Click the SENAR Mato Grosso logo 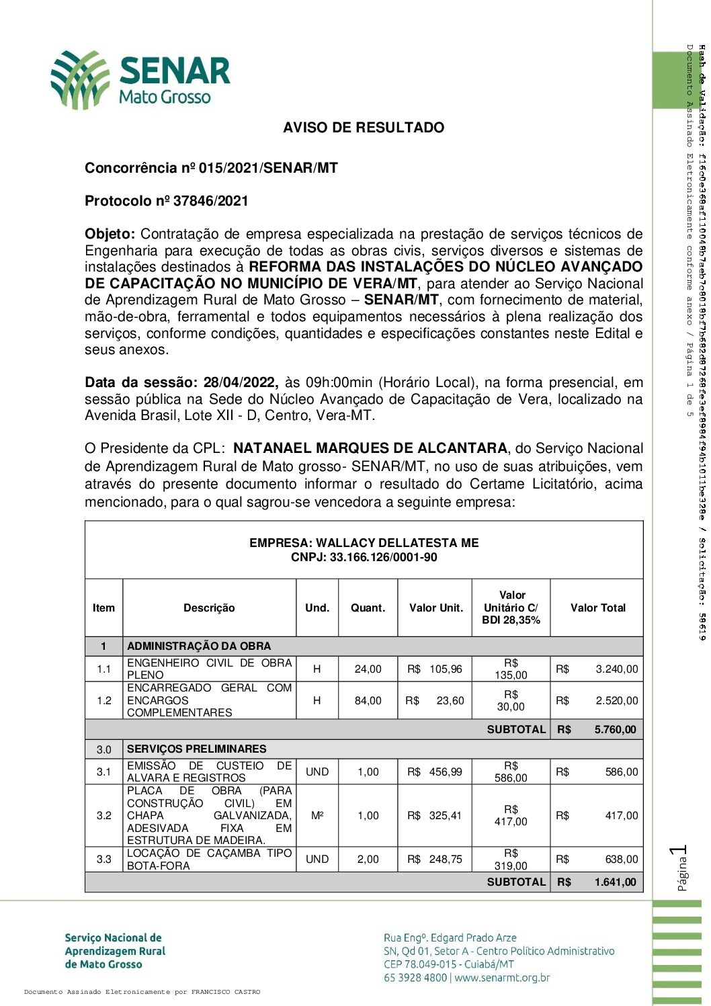coord(140,80)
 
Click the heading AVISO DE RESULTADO coord(364,128)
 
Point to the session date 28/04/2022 coord(240,383)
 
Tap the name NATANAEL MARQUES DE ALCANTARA coord(370,448)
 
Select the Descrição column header coord(209,608)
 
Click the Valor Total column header coord(597,608)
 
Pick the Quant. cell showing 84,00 coord(368,701)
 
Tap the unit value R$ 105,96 coord(436,669)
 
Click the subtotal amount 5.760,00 coord(615,730)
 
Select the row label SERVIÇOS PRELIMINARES coord(196,749)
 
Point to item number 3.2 coord(103,816)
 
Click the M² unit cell coord(317,816)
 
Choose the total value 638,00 coord(621,860)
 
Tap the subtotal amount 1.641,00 coord(615,882)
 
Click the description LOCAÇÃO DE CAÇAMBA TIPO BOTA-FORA coord(209,860)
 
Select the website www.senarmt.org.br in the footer coord(502,978)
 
